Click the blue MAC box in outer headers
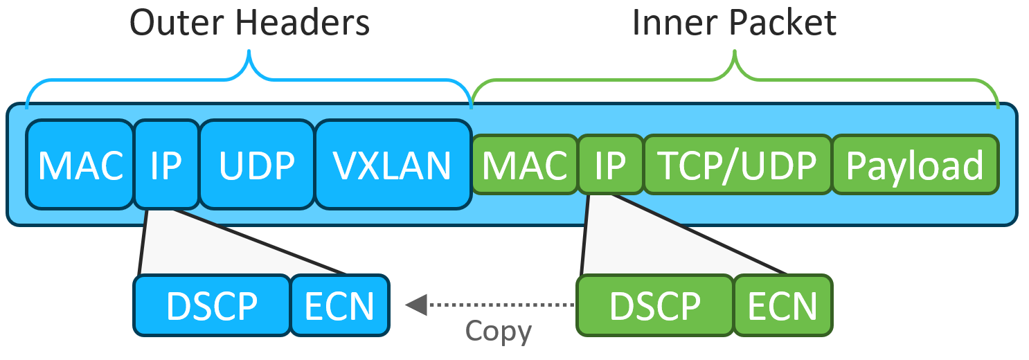(80, 164)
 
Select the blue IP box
(166, 164)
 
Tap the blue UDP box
(257, 164)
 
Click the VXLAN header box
(393, 164)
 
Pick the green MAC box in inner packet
(524, 164)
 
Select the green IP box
(610, 164)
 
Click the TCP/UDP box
(737, 164)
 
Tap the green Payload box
(915, 164)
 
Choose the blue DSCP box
(212, 305)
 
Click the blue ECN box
(339, 305)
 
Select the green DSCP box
(655, 305)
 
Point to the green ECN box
(782, 305)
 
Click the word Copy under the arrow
(499, 331)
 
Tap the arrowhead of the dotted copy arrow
(415, 304)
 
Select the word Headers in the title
(303, 23)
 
